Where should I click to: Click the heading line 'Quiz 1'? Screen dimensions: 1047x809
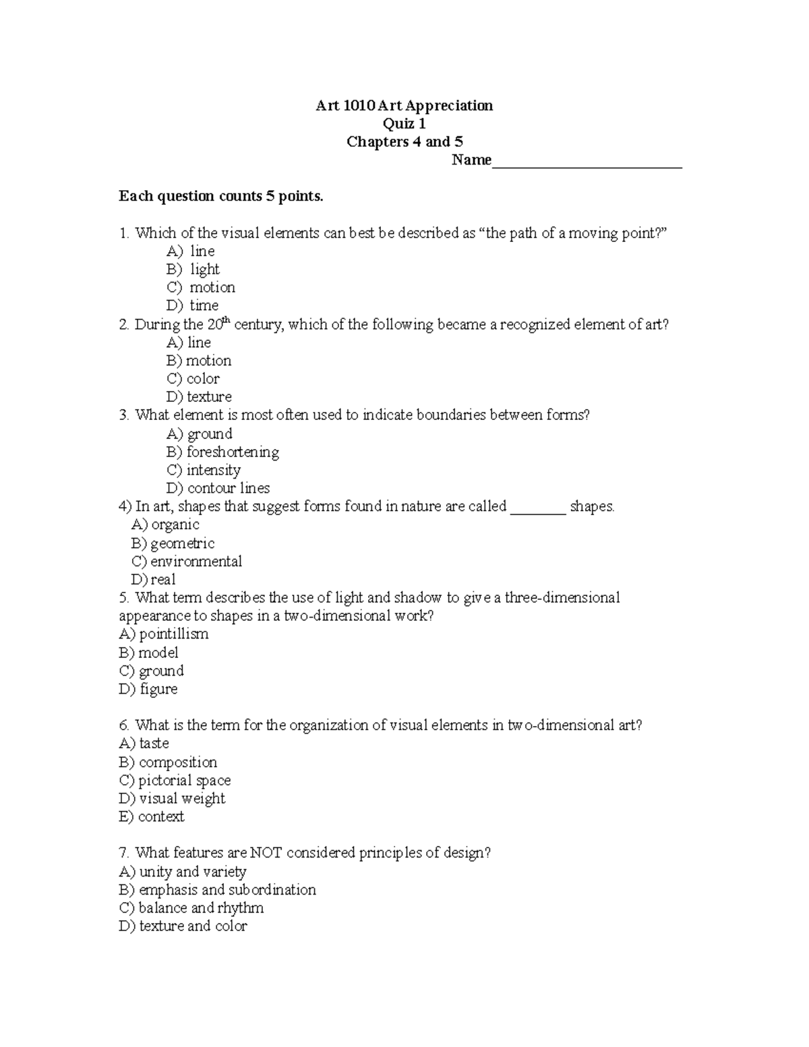[404, 123]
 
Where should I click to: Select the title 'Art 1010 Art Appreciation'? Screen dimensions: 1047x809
[404, 105]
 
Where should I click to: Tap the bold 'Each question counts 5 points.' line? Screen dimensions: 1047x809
[221, 196]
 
